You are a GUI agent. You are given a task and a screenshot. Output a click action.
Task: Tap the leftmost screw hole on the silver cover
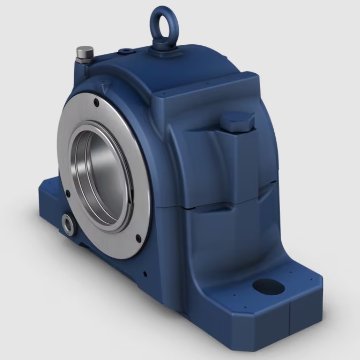[68, 194]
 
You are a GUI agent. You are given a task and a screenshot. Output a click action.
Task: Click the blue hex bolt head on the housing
[237, 121]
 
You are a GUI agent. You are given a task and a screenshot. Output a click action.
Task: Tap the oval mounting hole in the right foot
[268, 286]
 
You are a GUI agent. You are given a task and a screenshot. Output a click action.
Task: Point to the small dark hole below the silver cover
[144, 274]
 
